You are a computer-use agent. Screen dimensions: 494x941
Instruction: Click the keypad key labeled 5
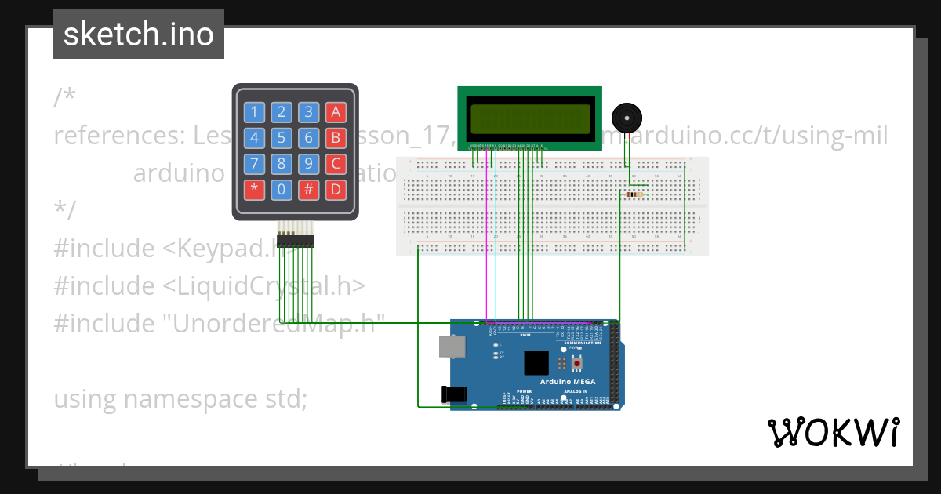283,139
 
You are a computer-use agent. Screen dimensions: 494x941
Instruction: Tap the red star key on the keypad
254,189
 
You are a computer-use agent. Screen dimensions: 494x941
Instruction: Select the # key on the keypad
309,189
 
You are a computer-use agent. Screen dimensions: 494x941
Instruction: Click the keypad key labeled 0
283,189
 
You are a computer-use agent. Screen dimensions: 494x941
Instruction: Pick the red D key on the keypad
336,189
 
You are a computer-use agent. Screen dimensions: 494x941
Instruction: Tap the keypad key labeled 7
254,164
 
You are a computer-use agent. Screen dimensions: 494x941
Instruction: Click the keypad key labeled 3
309,112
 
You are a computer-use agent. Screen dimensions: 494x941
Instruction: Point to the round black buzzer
626,118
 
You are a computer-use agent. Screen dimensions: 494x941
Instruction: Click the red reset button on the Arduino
578,364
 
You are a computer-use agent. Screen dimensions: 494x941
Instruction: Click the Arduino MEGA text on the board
567,382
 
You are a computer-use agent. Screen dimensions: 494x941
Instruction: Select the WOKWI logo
833,432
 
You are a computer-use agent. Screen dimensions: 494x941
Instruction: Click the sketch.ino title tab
139,35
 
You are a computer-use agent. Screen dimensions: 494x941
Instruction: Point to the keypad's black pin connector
295,241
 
